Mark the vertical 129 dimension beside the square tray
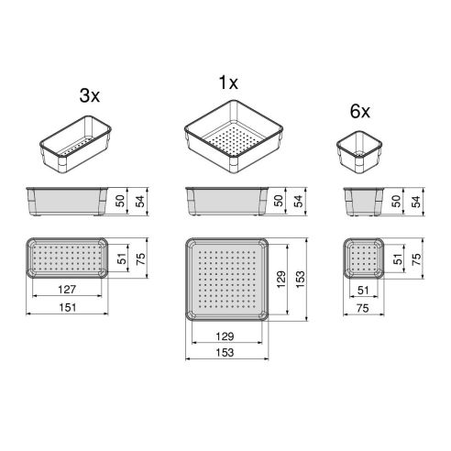click(280, 277)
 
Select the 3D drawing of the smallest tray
click(359, 151)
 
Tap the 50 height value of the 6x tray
click(394, 201)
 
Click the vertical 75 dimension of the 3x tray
click(142, 258)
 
